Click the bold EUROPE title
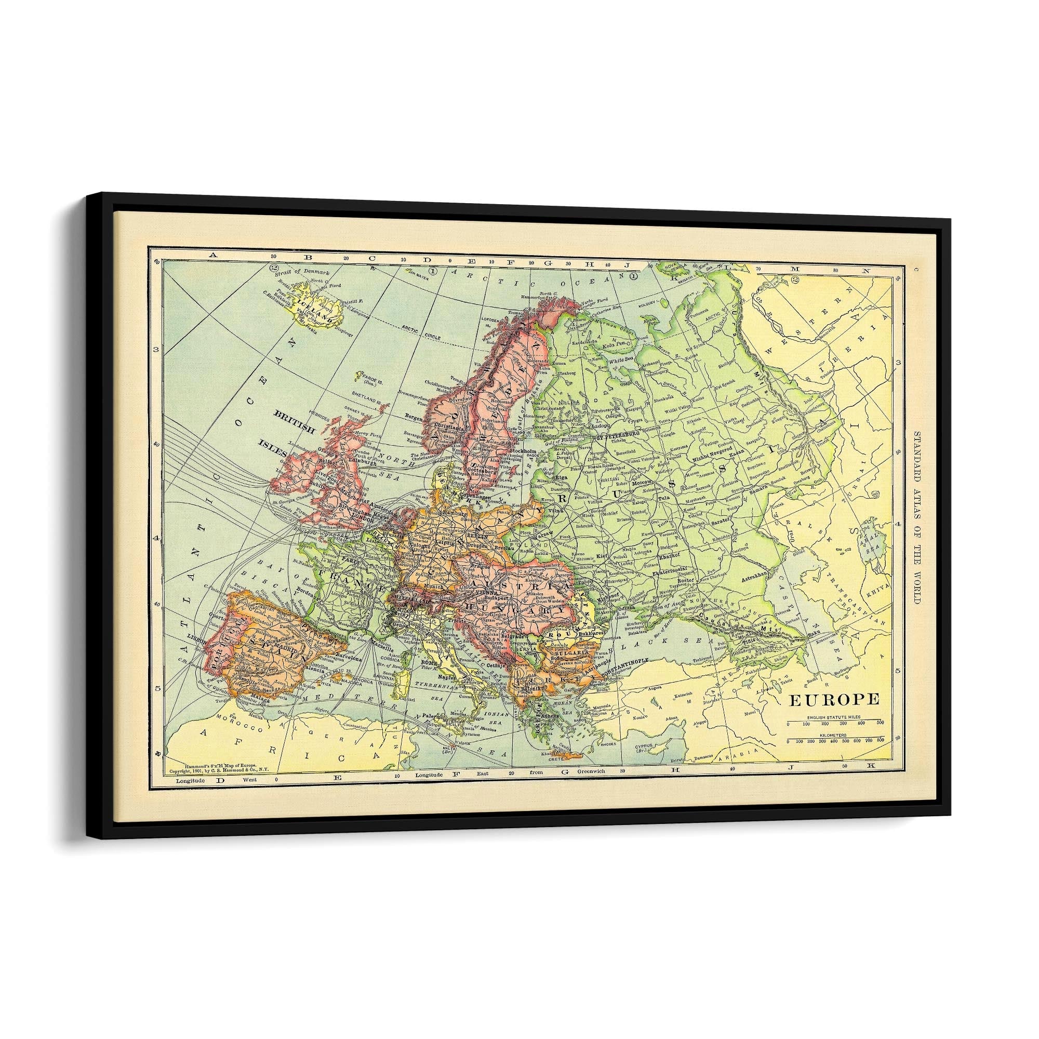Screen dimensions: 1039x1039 click(834, 699)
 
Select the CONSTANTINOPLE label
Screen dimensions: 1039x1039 click(628, 659)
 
